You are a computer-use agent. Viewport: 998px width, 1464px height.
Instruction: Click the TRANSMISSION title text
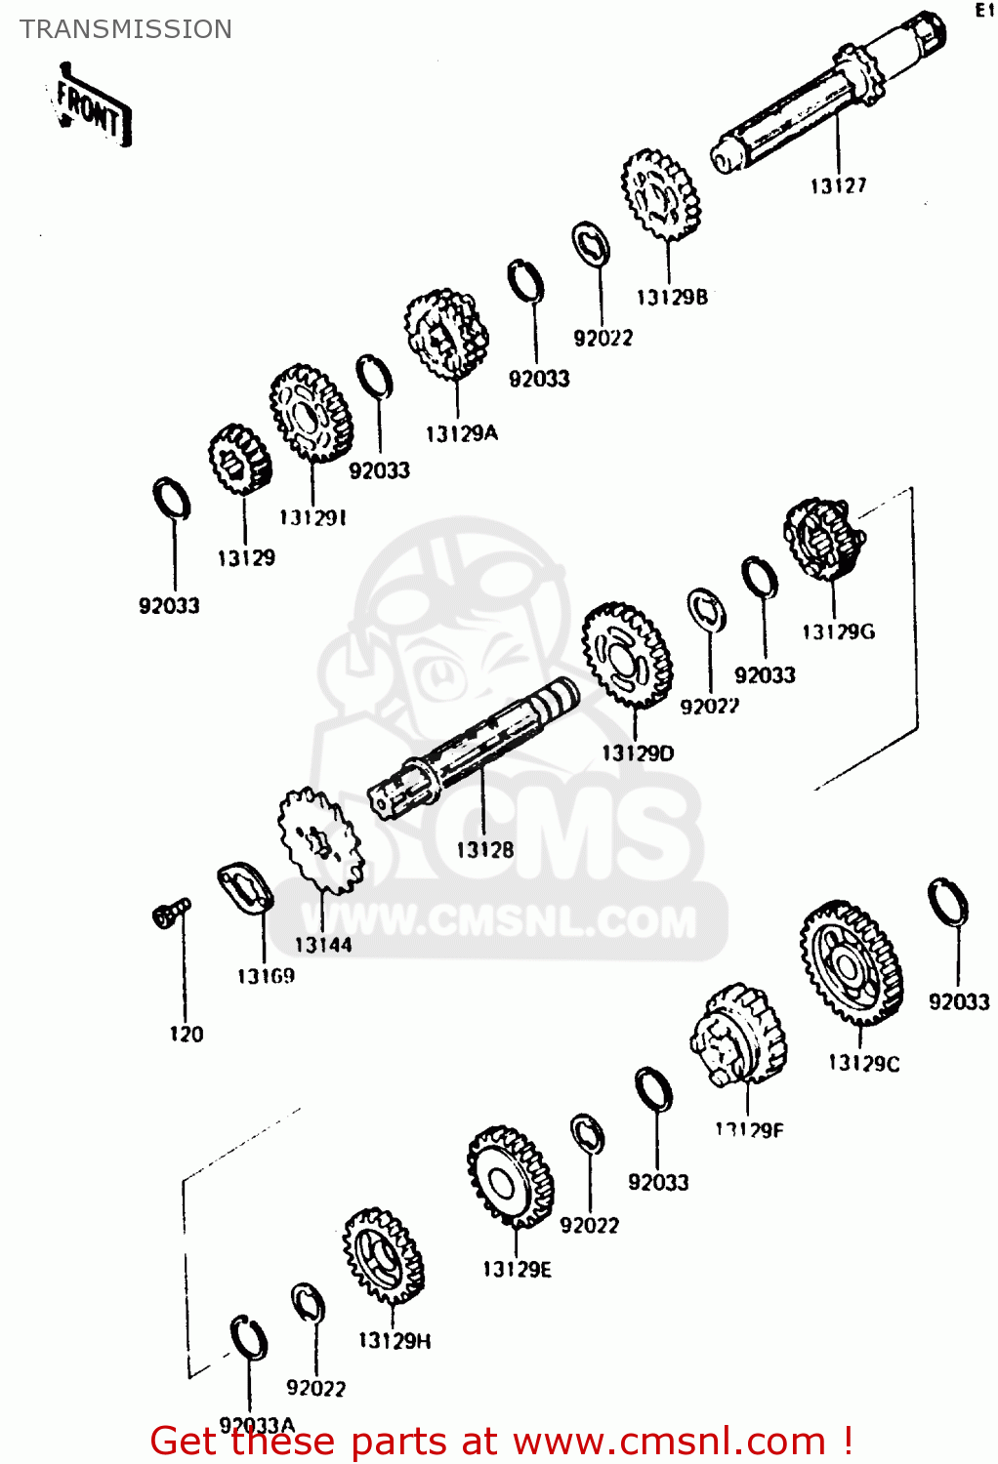coord(126,29)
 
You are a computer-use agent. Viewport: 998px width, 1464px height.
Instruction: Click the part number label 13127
coord(838,185)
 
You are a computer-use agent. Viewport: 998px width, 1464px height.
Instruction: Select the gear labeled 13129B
coord(661,196)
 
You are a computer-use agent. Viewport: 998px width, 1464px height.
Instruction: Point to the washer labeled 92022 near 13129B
coord(592,244)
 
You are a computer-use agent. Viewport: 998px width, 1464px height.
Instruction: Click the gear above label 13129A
coord(447,335)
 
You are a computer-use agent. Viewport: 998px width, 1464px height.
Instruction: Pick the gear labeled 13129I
coord(312,413)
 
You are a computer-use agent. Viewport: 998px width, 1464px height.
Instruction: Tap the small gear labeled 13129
coord(239,459)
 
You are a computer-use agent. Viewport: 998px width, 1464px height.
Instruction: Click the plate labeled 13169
coord(244,888)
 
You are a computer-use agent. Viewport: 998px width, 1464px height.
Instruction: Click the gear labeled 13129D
coord(628,655)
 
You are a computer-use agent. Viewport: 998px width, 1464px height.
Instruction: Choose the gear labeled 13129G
coord(824,539)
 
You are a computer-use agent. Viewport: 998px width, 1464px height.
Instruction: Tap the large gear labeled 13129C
coord(852,962)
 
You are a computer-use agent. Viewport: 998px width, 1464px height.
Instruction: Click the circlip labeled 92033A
coord(249,1337)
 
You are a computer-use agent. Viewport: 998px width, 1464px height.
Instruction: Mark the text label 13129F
coord(749,1130)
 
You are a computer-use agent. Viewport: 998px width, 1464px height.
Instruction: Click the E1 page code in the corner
coord(983,11)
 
